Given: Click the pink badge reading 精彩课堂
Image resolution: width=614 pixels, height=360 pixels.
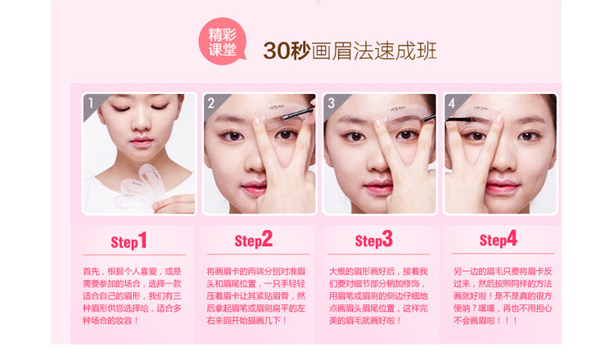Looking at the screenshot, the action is (222, 41).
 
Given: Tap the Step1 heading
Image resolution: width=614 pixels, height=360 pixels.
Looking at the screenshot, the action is (129, 241).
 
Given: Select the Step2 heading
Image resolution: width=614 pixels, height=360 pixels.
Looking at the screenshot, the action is (253, 240).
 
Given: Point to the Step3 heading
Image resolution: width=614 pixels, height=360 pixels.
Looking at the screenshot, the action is (373, 240).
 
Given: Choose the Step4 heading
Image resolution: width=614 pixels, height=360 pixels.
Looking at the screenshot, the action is (498, 239).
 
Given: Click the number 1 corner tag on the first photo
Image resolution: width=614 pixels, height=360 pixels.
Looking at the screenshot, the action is (91, 102).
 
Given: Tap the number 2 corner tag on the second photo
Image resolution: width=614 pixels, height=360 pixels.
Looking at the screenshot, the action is (211, 103).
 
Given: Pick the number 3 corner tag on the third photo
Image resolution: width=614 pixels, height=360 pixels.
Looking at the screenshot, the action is (332, 103).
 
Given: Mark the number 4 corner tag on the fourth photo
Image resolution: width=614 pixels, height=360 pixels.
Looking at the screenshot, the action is (452, 103).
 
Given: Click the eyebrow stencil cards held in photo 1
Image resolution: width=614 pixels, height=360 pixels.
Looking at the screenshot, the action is (141, 185).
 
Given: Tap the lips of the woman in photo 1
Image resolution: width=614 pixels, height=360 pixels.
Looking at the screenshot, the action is (142, 142).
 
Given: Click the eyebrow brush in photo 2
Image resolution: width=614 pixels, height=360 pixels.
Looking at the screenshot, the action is (298, 112).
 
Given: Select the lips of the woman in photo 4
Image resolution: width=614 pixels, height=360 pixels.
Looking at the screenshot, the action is (502, 187).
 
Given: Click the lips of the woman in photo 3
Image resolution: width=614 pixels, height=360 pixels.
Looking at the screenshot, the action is (379, 187).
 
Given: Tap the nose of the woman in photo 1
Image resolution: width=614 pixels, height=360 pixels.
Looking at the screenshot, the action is (141, 124).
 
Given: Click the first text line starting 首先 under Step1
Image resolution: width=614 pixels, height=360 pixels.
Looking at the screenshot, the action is (132, 271).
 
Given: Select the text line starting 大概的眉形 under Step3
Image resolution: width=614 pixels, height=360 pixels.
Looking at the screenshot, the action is (378, 271).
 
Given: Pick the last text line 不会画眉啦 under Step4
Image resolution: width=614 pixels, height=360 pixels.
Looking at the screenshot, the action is (485, 321).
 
